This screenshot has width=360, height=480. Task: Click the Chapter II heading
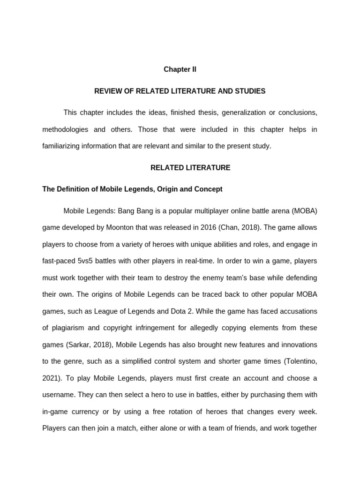pyautogui.click(x=180, y=69)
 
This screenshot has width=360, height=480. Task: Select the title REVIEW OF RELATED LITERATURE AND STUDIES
pyautogui.click(x=180, y=91)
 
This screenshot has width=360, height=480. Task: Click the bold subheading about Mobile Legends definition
pyautogui.click(x=132, y=189)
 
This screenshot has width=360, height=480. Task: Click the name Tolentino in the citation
pyautogui.click(x=300, y=361)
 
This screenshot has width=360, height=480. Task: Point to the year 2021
pyautogui.click(x=50, y=378)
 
